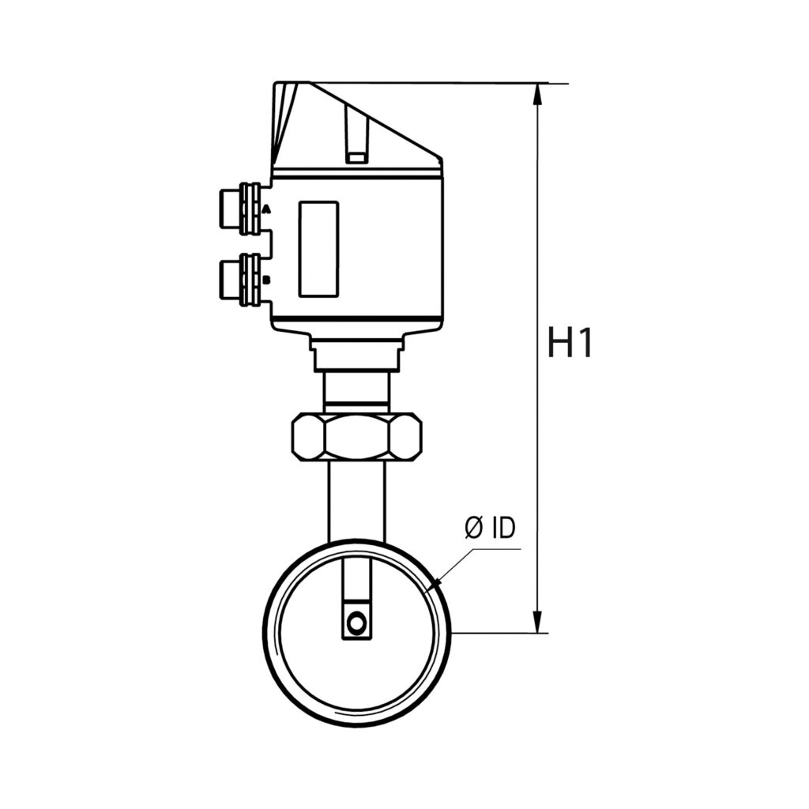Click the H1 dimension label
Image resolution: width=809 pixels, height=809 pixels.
click(570, 344)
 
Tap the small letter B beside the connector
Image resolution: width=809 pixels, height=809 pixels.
click(266, 280)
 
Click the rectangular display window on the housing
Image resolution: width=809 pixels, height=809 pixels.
click(318, 249)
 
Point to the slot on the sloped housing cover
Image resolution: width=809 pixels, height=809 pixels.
click(356, 134)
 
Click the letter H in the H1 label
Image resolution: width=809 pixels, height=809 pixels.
click(559, 344)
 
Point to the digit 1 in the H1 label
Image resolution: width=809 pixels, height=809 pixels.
click(583, 344)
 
